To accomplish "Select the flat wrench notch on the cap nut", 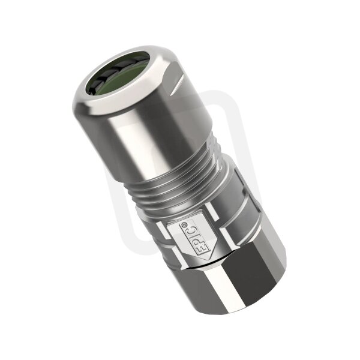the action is tap(176, 85).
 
